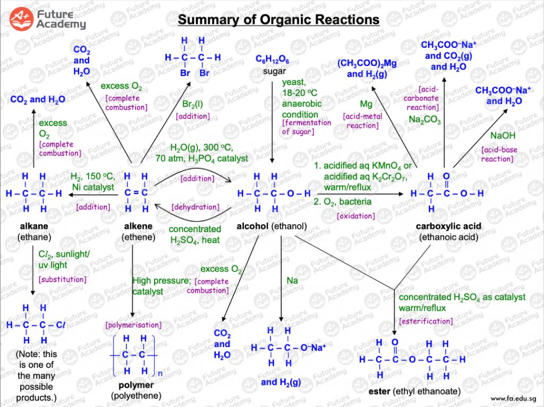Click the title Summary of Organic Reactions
[278, 20]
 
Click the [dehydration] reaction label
[195, 207]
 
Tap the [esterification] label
[426, 321]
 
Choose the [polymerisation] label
[133, 325]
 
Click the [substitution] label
[62, 279]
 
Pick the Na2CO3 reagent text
[424, 120]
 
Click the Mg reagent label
[366, 103]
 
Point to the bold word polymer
[136, 385]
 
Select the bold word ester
[379, 392]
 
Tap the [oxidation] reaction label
[356, 216]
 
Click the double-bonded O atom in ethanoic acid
[446, 176]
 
